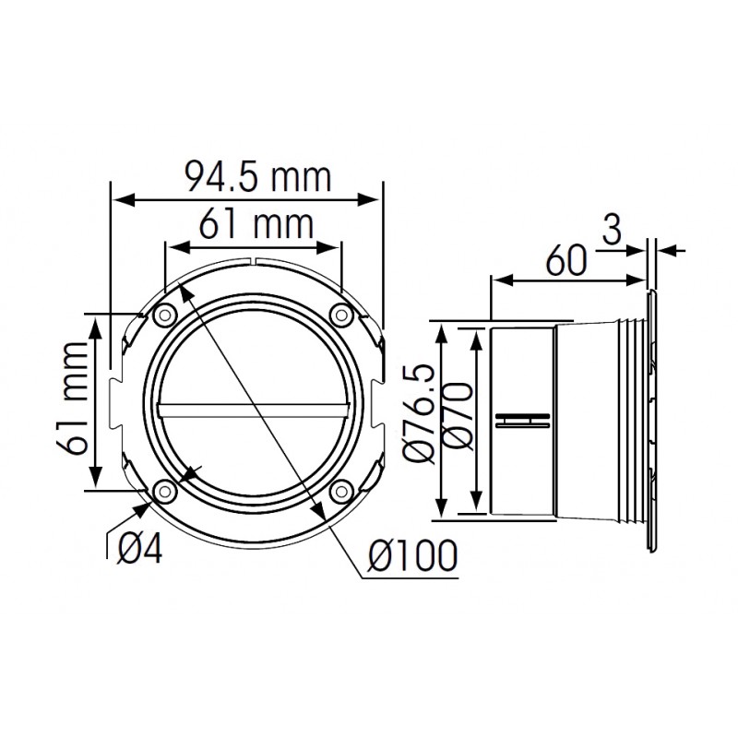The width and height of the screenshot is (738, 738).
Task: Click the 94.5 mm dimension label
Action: [258, 177]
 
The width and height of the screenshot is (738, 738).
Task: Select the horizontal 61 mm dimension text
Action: [256, 224]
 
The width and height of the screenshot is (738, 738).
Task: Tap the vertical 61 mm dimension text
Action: [73, 399]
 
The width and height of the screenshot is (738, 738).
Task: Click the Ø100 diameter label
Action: [412, 555]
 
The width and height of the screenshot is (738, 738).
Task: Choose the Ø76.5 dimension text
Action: [420, 414]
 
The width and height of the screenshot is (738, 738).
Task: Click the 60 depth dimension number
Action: [566, 260]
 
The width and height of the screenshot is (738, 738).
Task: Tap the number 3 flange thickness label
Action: [612, 231]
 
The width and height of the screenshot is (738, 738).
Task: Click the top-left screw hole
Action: [164, 315]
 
